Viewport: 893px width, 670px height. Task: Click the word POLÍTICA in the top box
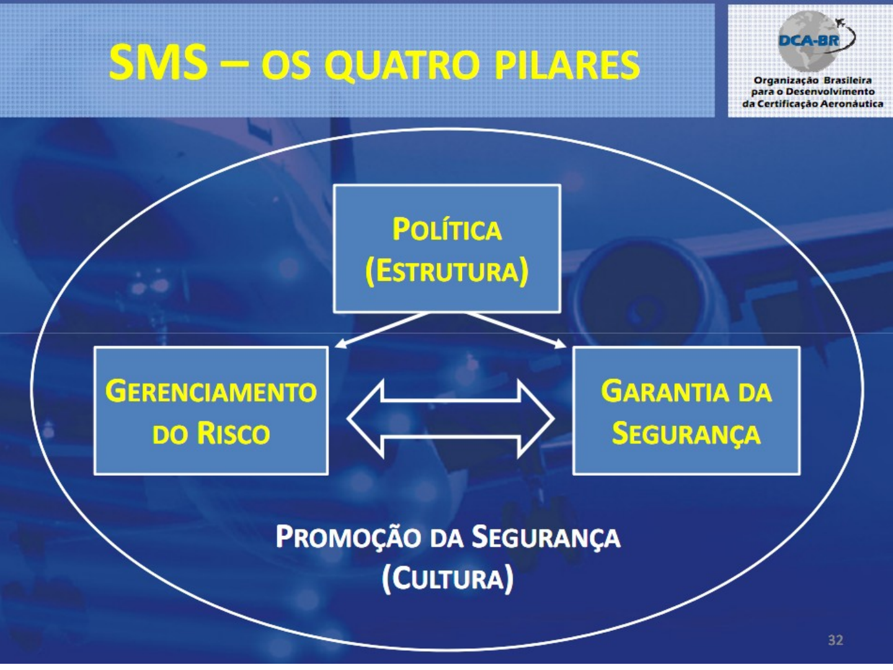pos(446,230)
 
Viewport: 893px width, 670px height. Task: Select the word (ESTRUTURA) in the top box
pos(446,271)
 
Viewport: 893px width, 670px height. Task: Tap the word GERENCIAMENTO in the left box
pos(211,391)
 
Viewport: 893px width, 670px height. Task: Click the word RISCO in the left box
pos(233,433)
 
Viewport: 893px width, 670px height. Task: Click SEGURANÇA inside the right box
pos(686,433)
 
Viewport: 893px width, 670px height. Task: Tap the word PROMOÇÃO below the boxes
pos(348,537)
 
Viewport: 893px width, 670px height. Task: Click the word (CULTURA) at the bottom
pos(447,579)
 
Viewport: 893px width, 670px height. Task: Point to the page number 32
pos(835,640)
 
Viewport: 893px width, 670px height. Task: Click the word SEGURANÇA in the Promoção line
pos(546,537)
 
